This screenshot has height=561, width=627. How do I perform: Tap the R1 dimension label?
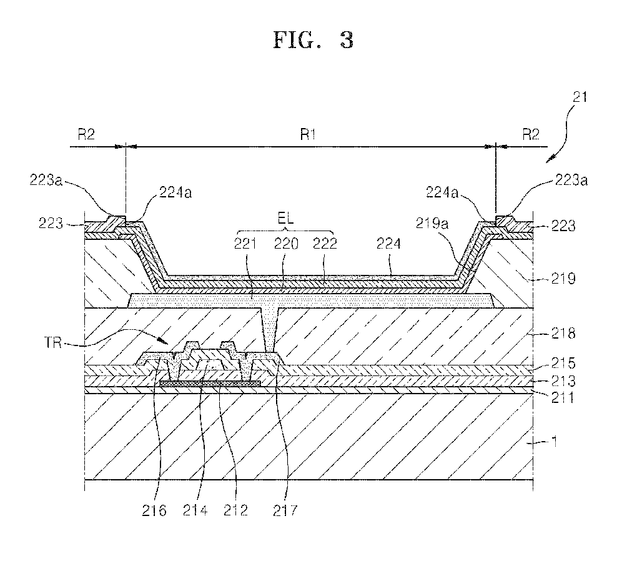pos(306,136)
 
